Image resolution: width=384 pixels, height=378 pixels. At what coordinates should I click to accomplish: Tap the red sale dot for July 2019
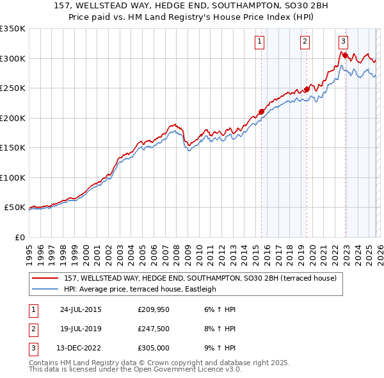click(307, 90)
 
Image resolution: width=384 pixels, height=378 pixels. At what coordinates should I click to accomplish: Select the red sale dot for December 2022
click(345, 56)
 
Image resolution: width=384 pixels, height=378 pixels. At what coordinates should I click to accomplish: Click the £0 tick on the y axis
click(19, 237)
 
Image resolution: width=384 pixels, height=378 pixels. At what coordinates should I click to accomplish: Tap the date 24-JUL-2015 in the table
click(81, 309)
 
